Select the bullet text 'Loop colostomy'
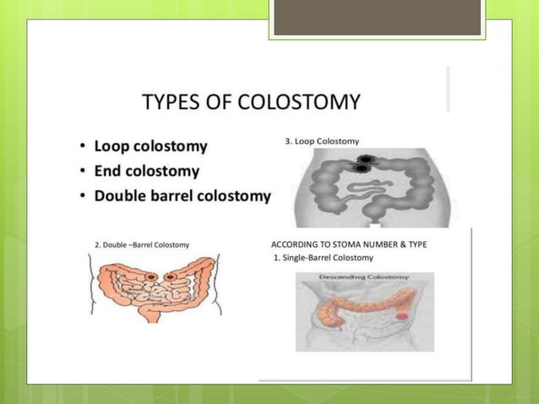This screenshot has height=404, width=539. (150, 146)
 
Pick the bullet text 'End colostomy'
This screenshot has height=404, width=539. (146, 172)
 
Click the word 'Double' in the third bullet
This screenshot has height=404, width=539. (119, 196)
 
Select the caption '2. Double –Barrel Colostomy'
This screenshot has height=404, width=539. (141, 244)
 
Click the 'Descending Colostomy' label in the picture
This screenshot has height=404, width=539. (365, 277)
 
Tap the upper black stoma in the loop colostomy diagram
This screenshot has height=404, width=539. (368, 160)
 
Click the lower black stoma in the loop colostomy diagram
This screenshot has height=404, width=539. (362, 169)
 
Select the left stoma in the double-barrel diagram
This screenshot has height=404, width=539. (150, 276)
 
